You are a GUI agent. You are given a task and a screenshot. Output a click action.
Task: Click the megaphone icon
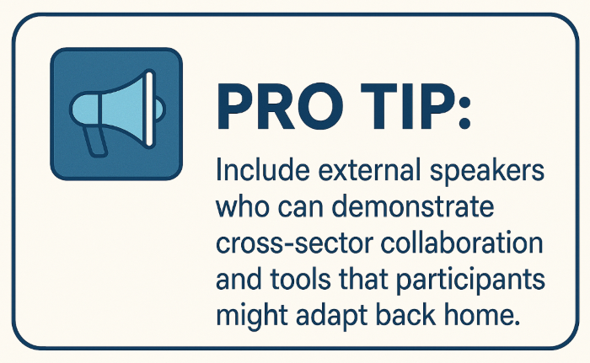click(116, 114)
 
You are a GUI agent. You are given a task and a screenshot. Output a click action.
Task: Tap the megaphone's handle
click(95, 141)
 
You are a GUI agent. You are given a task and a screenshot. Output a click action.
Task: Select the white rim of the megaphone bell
click(149, 109)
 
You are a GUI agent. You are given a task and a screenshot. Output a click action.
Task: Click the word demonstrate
click(413, 206)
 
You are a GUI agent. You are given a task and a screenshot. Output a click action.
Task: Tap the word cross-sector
click(295, 243)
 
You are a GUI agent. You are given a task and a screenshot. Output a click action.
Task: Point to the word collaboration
click(462, 243)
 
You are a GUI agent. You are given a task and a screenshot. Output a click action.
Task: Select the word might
click(252, 318)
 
